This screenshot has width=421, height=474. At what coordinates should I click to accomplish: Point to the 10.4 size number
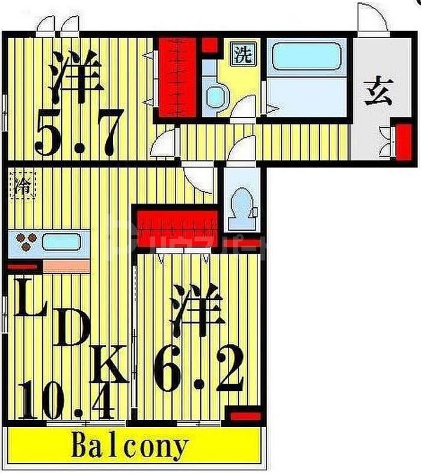[x=67, y=399]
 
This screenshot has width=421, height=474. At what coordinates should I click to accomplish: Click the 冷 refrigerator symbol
[x=23, y=183]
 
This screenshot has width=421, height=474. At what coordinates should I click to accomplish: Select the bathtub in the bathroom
[x=306, y=57]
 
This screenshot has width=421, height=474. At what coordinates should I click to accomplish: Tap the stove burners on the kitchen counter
[x=25, y=242]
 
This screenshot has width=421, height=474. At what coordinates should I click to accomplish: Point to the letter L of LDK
[x=28, y=299]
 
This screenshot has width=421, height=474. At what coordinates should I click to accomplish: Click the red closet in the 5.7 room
[x=177, y=77]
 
